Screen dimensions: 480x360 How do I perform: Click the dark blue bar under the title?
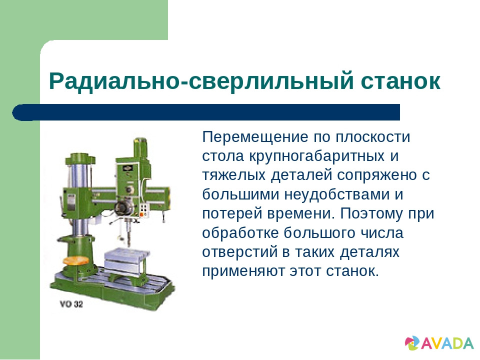[206, 112]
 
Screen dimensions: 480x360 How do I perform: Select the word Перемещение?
[255, 137]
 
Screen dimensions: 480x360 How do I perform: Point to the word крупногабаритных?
[316, 156]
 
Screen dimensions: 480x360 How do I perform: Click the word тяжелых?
[233, 175]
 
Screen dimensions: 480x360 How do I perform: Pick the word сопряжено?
[377, 175]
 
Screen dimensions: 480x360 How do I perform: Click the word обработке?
[240, 232]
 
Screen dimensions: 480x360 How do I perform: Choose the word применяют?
[243, 271]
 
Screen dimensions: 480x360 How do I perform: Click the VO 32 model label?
[71, 303]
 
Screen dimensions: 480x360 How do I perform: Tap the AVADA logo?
[438, 343]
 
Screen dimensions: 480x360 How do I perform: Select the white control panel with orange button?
[143, 209]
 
